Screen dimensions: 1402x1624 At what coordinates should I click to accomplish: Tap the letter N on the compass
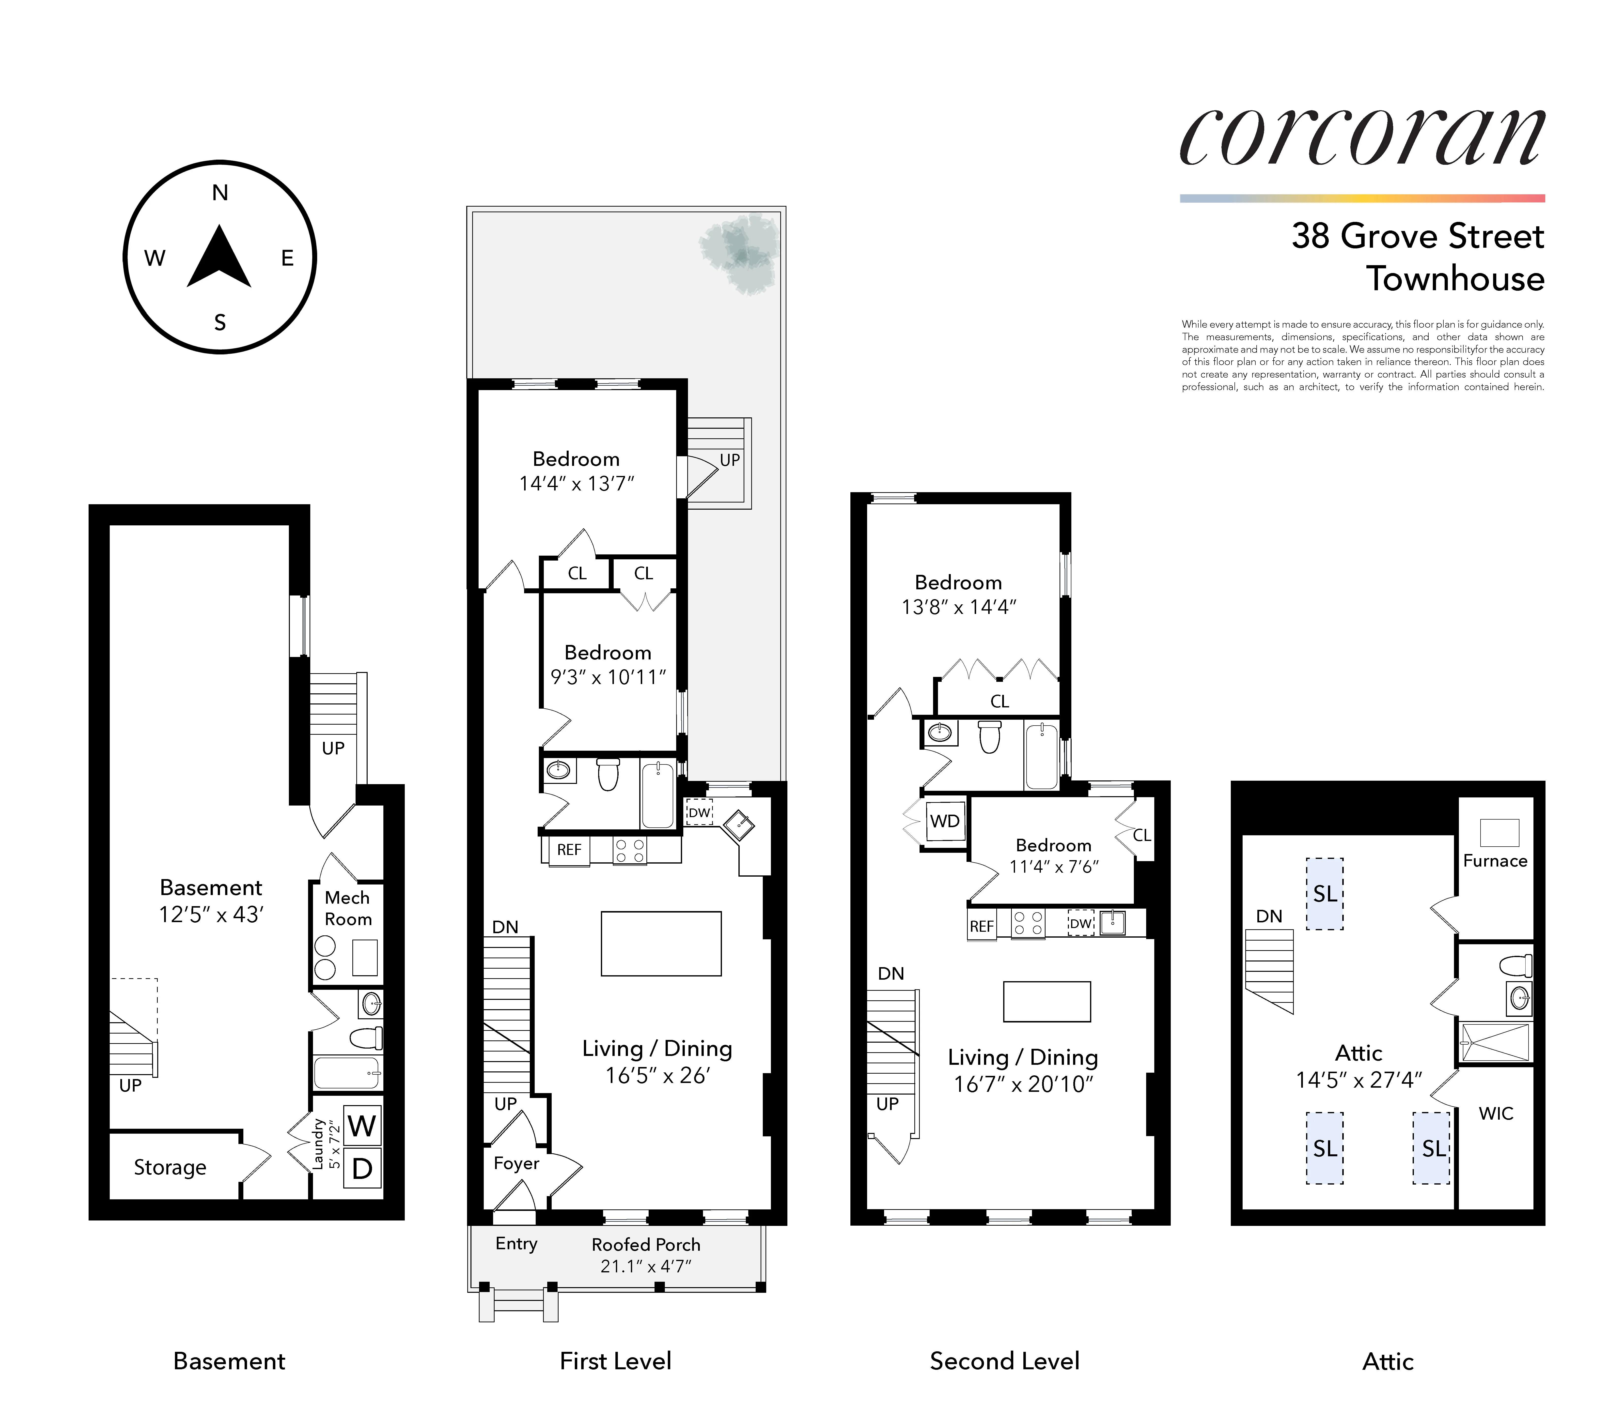point(220,193)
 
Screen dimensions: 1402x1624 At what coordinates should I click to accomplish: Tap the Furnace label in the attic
point(1495,860)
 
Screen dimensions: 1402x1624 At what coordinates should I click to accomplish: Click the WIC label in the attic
point(1496,1114)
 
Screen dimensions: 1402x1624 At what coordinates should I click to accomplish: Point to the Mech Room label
point(347,908)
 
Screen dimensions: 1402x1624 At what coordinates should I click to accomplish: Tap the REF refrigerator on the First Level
point(569,850)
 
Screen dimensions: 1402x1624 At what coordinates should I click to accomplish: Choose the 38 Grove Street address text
point(1417,236)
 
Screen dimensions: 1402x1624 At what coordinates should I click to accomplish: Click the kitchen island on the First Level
point(661,944)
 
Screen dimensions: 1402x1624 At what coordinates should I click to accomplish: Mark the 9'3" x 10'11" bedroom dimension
point(608,677)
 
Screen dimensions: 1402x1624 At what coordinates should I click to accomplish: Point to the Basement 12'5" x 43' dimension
point(211,914)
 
